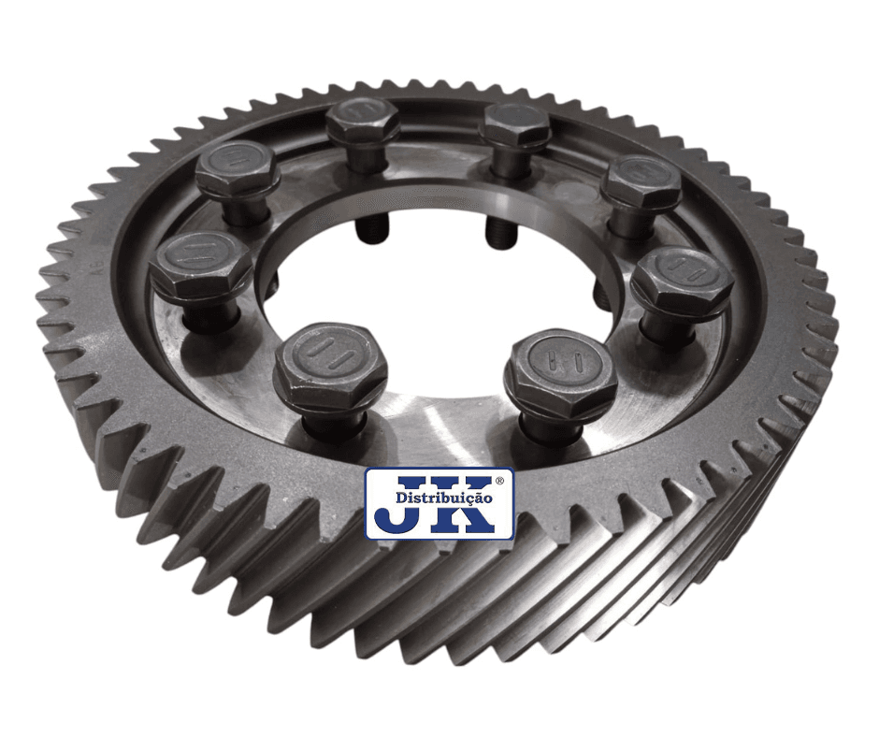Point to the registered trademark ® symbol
tap(500, 482)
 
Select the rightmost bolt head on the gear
tap(683, 277)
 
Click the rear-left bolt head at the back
tap(363, 123)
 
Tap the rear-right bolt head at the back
tap(516, 124)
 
